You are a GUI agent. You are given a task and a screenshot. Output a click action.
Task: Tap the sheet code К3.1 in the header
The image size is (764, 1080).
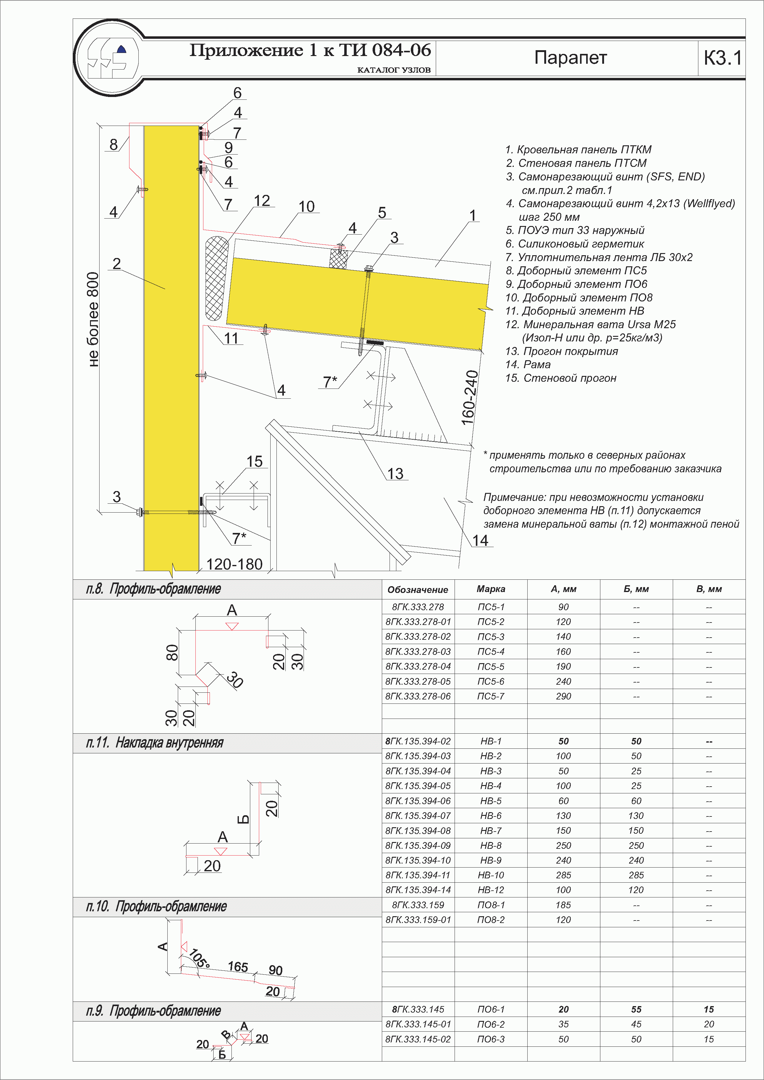coord(722,58)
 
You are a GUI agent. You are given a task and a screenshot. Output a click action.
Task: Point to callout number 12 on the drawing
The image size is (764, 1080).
coord(262,201)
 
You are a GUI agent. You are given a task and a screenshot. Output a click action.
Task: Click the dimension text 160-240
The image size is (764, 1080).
coord(469,397)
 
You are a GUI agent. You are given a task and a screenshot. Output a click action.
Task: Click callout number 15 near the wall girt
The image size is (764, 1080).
coord(254,461)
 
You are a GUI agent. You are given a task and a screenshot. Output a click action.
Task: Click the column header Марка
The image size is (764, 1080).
coord(491,589)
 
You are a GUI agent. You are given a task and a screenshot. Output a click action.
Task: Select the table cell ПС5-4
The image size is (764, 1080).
coord(491,651)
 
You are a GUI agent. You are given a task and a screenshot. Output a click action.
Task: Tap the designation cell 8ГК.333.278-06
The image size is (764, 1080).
coord(418,696)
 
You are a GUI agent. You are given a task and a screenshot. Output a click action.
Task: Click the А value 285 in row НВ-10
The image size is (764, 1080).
coord(563,875)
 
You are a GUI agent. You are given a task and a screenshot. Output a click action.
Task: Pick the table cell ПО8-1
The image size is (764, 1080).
coord(491,905)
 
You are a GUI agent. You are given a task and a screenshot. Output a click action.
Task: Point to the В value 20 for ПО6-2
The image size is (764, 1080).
coord(709,1024)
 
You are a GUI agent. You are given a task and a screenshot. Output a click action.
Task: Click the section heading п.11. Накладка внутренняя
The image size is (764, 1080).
coord(155,743)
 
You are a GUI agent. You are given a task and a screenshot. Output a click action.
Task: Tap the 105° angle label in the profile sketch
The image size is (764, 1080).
coord(199,959)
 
